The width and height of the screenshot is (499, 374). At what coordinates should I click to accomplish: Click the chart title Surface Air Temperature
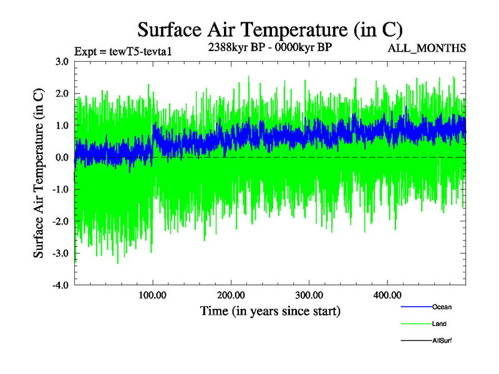click(269, 29)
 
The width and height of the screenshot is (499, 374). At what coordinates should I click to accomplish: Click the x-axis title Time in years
click(270, 310)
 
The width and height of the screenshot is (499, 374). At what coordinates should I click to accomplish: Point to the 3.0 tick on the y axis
click(62, 62)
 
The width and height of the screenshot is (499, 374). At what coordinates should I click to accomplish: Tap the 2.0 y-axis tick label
click(62, 93)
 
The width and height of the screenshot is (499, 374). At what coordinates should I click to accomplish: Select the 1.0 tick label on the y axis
click(62, 125)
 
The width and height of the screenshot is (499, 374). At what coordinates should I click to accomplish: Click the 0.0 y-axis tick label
click(62, 157)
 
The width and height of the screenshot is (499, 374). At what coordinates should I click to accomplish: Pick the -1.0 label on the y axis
click(60, 189)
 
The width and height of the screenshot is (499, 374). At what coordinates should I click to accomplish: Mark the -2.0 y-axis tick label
click(60, 221)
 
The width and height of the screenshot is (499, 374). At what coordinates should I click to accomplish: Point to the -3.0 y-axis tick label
click(60, 253)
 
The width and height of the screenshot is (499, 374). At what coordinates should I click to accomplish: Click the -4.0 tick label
click(60, 285)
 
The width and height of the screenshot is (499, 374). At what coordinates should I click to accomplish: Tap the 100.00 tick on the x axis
click(153, 294)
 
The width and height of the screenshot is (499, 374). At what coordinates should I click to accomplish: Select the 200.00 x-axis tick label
click(231, 294)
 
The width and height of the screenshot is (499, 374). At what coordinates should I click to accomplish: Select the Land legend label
click(439, 324)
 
